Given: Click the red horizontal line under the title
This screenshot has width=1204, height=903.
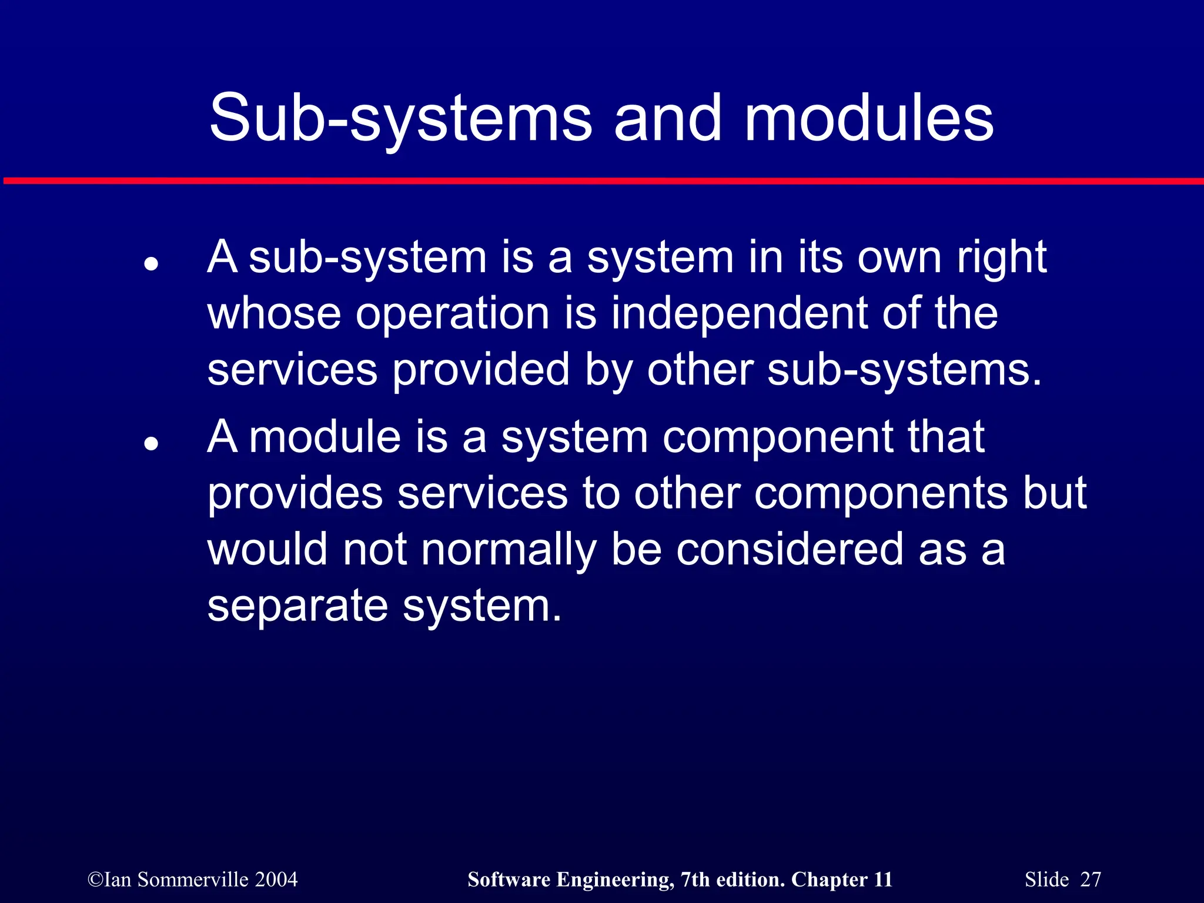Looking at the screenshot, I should coord(602,181).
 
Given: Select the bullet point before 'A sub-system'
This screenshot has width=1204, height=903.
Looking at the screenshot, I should coord(152,264).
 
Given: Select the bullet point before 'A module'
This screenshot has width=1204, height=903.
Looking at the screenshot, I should coord(152,443).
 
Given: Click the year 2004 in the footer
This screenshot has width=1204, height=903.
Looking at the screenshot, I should coord(276,879).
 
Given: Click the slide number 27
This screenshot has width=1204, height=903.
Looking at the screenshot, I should coord(1091,879).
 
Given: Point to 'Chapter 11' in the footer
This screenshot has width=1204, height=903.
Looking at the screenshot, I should coord(841,879).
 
